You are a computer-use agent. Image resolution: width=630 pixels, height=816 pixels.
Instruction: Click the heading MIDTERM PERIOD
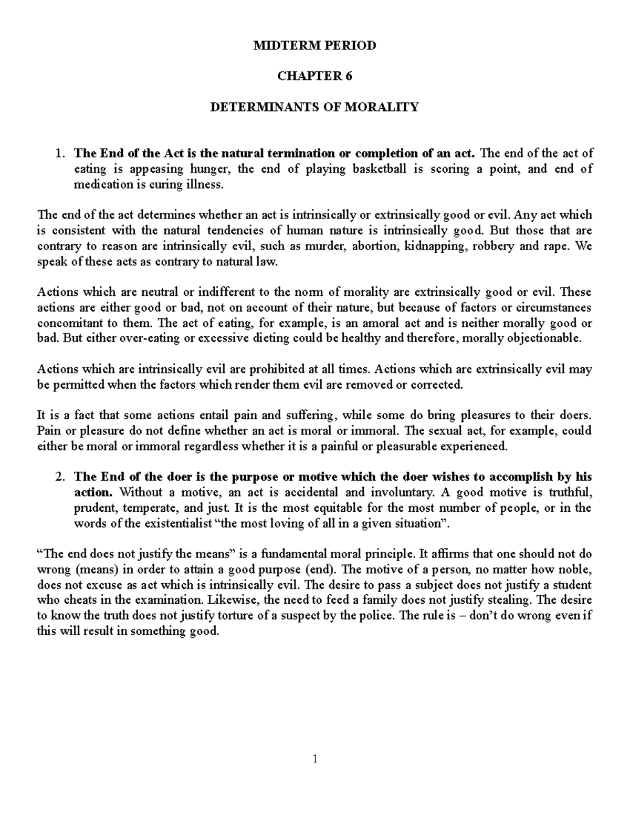314,46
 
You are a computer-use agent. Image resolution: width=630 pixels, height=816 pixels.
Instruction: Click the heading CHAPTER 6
314,76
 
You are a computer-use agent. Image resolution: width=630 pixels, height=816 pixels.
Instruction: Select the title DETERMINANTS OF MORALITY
314,107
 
